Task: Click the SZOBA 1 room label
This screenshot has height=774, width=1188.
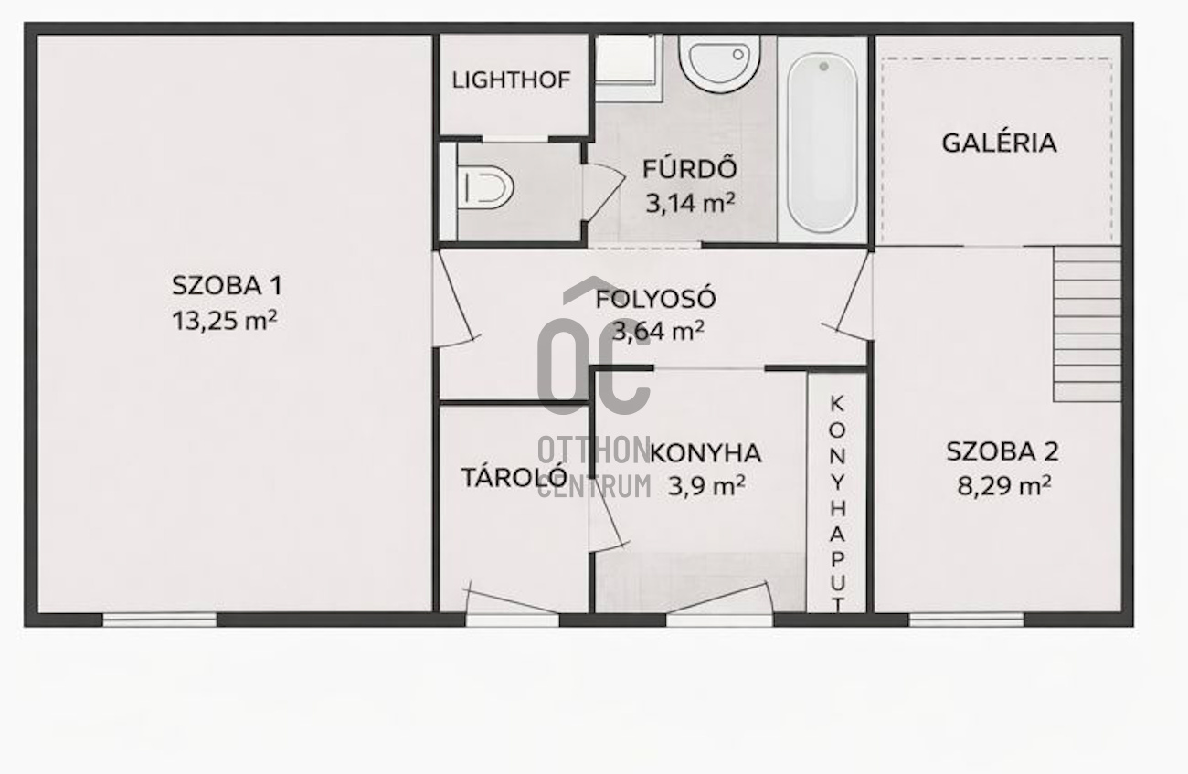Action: [227, 285]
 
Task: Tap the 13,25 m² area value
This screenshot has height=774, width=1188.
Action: [224, 321]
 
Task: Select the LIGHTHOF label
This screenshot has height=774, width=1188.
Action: [511, 80]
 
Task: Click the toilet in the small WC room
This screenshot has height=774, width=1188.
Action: [485, 187]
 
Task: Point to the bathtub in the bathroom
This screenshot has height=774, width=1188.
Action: [822, 143]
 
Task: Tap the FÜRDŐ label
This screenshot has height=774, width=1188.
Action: [689, 167]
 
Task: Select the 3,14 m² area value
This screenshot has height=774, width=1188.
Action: [690, 203]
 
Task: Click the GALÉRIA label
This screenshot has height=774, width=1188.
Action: [999, 143]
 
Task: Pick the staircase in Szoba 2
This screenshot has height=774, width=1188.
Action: [1087, 323]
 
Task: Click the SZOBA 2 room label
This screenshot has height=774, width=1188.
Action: [1002, 451]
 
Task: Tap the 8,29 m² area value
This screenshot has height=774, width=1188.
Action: [1004, 486]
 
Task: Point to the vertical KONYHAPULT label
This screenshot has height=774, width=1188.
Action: [837, 504]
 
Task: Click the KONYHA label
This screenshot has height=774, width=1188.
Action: [705, 453]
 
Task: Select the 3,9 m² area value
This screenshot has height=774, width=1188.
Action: [706, 486]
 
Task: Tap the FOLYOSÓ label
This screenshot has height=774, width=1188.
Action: [655, 299]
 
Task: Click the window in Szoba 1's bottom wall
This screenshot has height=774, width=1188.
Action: [160, 620]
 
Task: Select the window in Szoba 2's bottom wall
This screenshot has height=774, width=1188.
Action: [966, 620]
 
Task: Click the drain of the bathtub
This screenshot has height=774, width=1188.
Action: [823, 67]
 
